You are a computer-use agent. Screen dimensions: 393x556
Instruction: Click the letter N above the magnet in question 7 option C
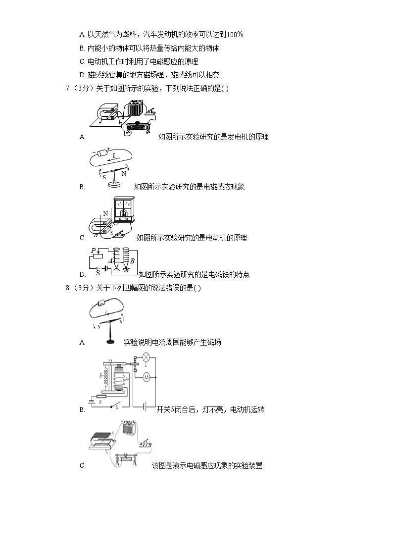pyautogui.click(x=105, y=214)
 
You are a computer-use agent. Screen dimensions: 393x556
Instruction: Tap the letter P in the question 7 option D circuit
pyautogui.click(x=93, y=251)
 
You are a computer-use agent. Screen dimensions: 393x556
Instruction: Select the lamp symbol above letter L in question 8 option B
pyautogui.click(x=146, y=357)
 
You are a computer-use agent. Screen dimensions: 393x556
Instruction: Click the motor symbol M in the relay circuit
pyautogui.click(x=146, y=377)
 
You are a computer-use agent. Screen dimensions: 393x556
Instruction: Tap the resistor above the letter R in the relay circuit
pyautogui.click(x=101, y=397)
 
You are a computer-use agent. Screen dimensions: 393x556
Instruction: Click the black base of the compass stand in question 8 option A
pyautogui.click(x=110, y=342)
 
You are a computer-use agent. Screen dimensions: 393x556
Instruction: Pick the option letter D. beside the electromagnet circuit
pyautogui.click(x=83, y=275)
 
